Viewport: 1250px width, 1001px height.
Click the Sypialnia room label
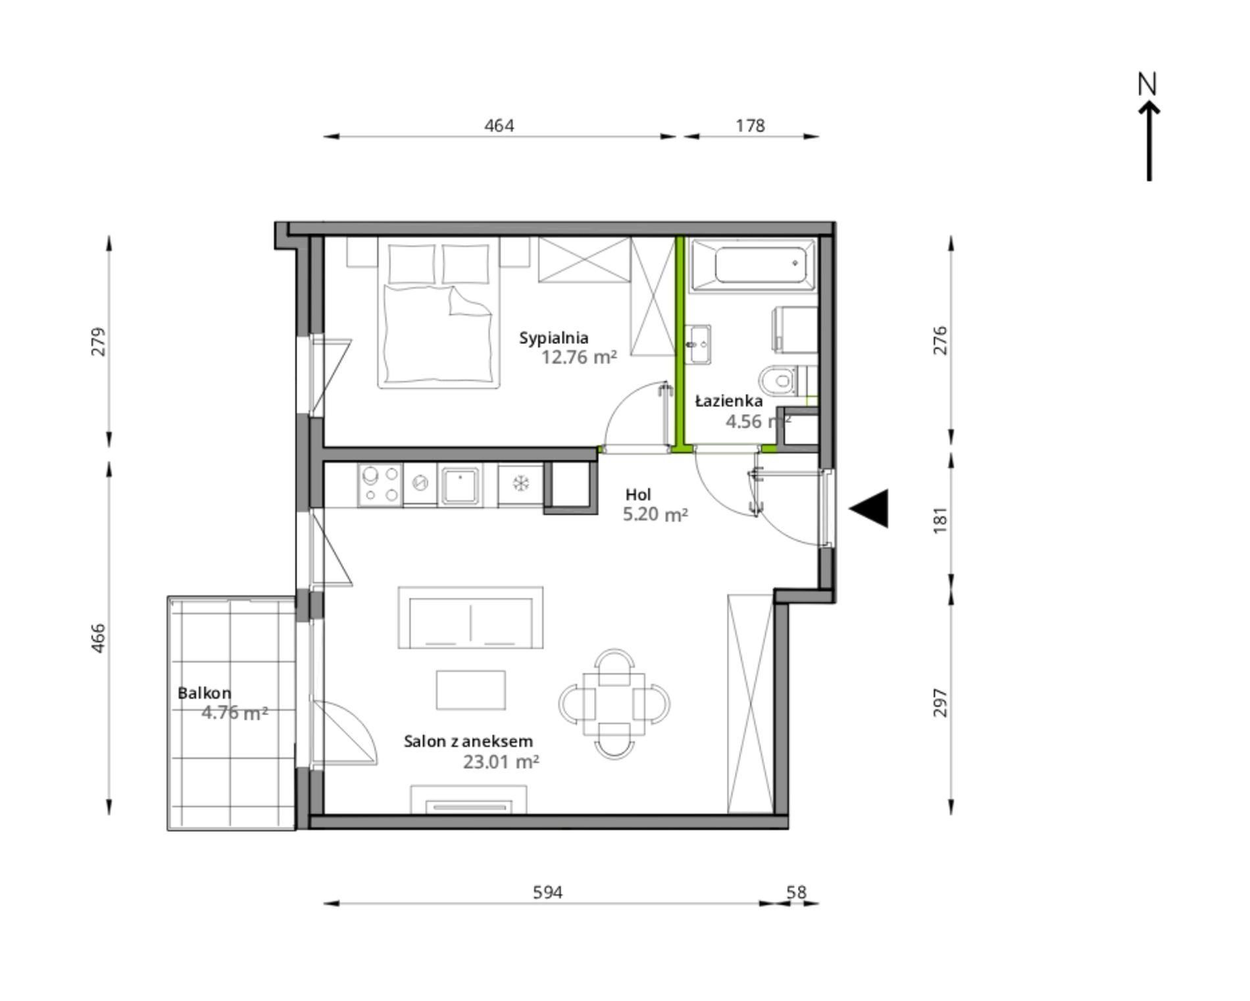point(553,339)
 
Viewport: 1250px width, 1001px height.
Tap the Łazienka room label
point(729,401)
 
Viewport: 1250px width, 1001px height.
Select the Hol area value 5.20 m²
point(655,514)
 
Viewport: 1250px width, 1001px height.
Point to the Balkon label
point(204,693)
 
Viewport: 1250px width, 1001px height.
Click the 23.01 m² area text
point(501,762)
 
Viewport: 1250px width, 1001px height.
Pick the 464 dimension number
point(499,125)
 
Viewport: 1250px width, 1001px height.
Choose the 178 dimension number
point(750,125)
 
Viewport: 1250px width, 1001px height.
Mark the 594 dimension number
point(548,892)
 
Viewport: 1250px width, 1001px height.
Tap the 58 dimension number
point(796,892)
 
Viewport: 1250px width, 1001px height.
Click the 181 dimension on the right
point(941,520)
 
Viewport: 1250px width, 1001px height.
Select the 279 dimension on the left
point(97,342)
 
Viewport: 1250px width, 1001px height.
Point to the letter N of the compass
point(1147,84)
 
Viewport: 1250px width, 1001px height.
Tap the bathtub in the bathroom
point(752,266)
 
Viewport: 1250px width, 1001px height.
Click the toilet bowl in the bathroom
point(778,380)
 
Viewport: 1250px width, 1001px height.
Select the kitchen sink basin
point(460,485)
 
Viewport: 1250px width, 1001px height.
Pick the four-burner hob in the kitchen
point(380,485)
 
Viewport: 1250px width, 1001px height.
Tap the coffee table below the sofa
point(470,690)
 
